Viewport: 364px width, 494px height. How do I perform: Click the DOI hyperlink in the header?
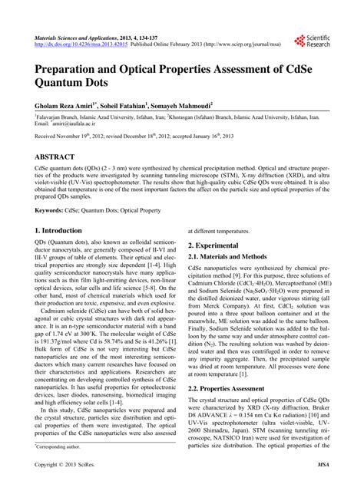pos(74,44)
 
